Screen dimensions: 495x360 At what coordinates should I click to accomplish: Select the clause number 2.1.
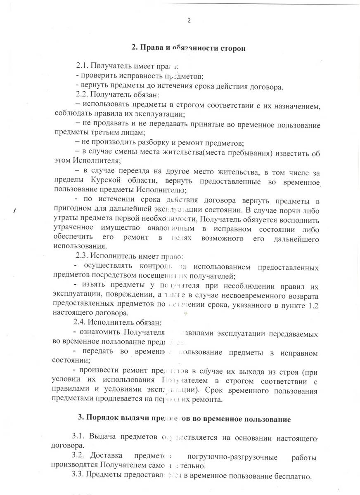82,66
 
